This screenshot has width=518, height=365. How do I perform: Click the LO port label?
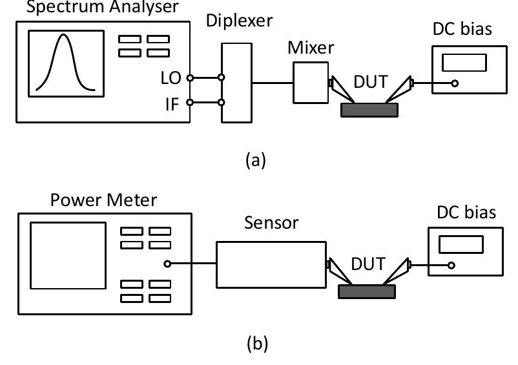172,78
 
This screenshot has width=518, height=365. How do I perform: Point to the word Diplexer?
240,20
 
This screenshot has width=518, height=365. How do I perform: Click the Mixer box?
311,82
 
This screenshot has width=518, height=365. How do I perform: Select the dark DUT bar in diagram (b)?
367,291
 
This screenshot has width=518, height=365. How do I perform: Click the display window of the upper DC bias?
464,62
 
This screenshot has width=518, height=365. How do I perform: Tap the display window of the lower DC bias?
461,244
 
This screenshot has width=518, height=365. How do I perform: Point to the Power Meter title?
103,200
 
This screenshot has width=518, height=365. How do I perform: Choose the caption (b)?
255,342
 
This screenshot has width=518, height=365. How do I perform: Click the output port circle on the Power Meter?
167,264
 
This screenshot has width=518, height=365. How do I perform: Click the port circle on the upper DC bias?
455,83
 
